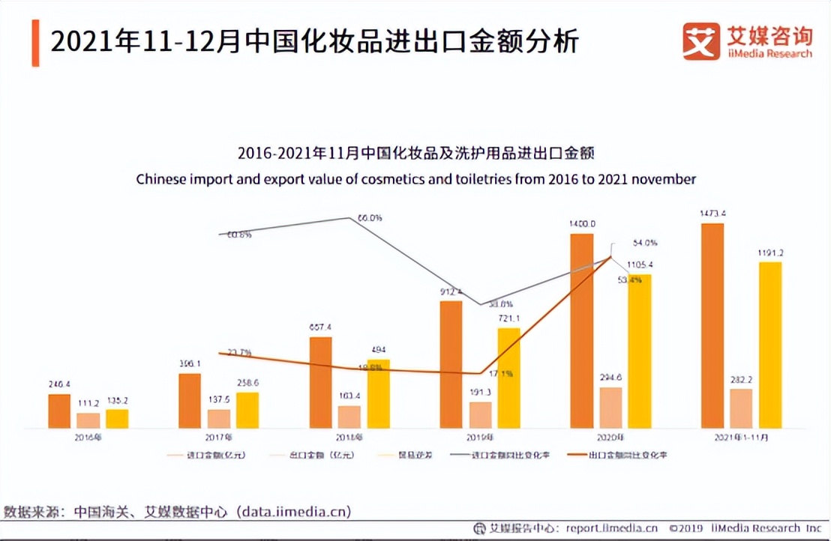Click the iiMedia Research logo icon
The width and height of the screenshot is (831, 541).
(x=701, y=41)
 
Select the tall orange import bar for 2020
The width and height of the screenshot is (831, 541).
(x=582, y=331)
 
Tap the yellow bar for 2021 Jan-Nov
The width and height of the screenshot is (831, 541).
(x=770, y=345)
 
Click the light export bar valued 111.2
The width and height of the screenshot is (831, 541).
(x=88, y=420)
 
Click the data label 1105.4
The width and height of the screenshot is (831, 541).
(x=640, y=265)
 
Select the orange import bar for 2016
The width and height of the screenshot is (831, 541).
(x=59, y=411)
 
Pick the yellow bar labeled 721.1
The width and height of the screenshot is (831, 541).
(x=508, y=378)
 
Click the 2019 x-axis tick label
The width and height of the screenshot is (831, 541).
(x=480, y=436)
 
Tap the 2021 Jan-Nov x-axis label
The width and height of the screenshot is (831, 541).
(x=741, y=436)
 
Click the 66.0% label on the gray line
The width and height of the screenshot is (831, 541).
(x=369, y=218)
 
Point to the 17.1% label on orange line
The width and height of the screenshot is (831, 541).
(x=502, y=373)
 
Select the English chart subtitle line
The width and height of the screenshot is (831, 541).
(x=415, y=180)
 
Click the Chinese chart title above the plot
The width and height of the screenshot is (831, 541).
(x=415, y=154)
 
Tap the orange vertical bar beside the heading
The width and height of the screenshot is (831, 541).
(x=35, y=43)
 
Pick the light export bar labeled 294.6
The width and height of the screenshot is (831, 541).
(x=611, y=408)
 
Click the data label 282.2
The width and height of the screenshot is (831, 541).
(x=741, y=380)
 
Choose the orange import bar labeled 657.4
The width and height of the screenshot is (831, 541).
(x=321, y=382)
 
